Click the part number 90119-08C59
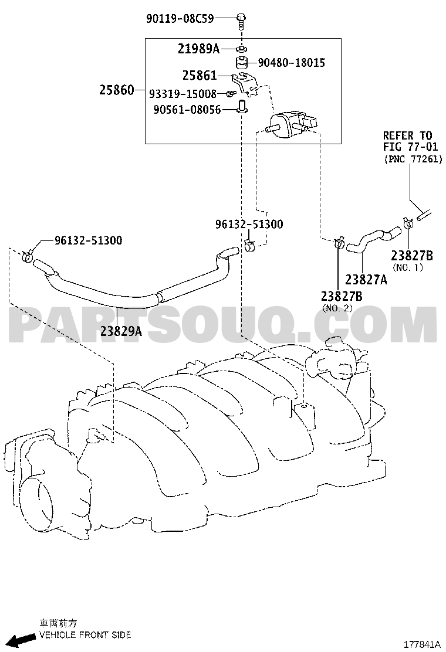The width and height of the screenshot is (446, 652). tap(180, 18)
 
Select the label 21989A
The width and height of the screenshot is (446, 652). tap(198, 49)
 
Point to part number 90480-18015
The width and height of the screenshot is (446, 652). tap(291, 63)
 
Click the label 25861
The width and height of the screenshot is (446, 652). tap(200, 75)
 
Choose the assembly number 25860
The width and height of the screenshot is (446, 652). tap(117, 90)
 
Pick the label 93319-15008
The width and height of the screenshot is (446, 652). tap(183, 94)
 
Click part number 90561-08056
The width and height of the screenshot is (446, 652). tap(187, 110)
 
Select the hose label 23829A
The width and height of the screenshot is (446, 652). tap(121, 331)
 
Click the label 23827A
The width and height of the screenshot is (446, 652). tap(366, 280)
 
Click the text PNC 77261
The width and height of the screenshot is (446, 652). tap(413, 159)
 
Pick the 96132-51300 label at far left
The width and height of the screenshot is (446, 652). tap(89, 240)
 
